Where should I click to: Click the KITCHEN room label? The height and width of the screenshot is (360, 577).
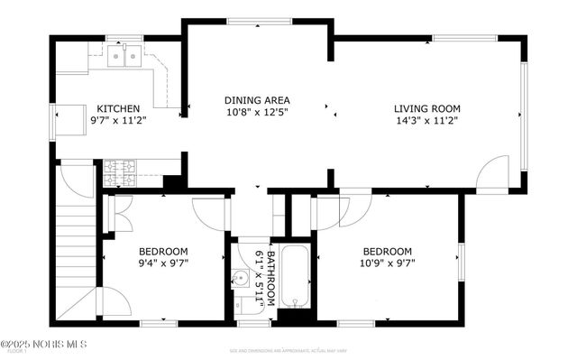tap(118, 107)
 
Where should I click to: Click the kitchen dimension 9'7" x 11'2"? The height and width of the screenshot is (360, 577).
tap(118, 119)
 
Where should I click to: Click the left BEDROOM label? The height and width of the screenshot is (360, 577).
tap(162, 251)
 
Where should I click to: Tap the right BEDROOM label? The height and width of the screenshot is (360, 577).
tap(387, 251)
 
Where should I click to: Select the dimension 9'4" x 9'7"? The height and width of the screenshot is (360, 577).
tap(162, 263)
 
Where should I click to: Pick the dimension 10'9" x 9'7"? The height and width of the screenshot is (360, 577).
tap(387, 263)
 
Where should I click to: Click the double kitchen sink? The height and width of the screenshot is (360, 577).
tap(125, 57)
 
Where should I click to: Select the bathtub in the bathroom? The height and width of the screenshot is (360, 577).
tap(294, 274)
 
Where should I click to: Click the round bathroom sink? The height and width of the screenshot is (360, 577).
tap(242, 278)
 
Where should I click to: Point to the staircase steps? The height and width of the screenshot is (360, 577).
tap(74, 244)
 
